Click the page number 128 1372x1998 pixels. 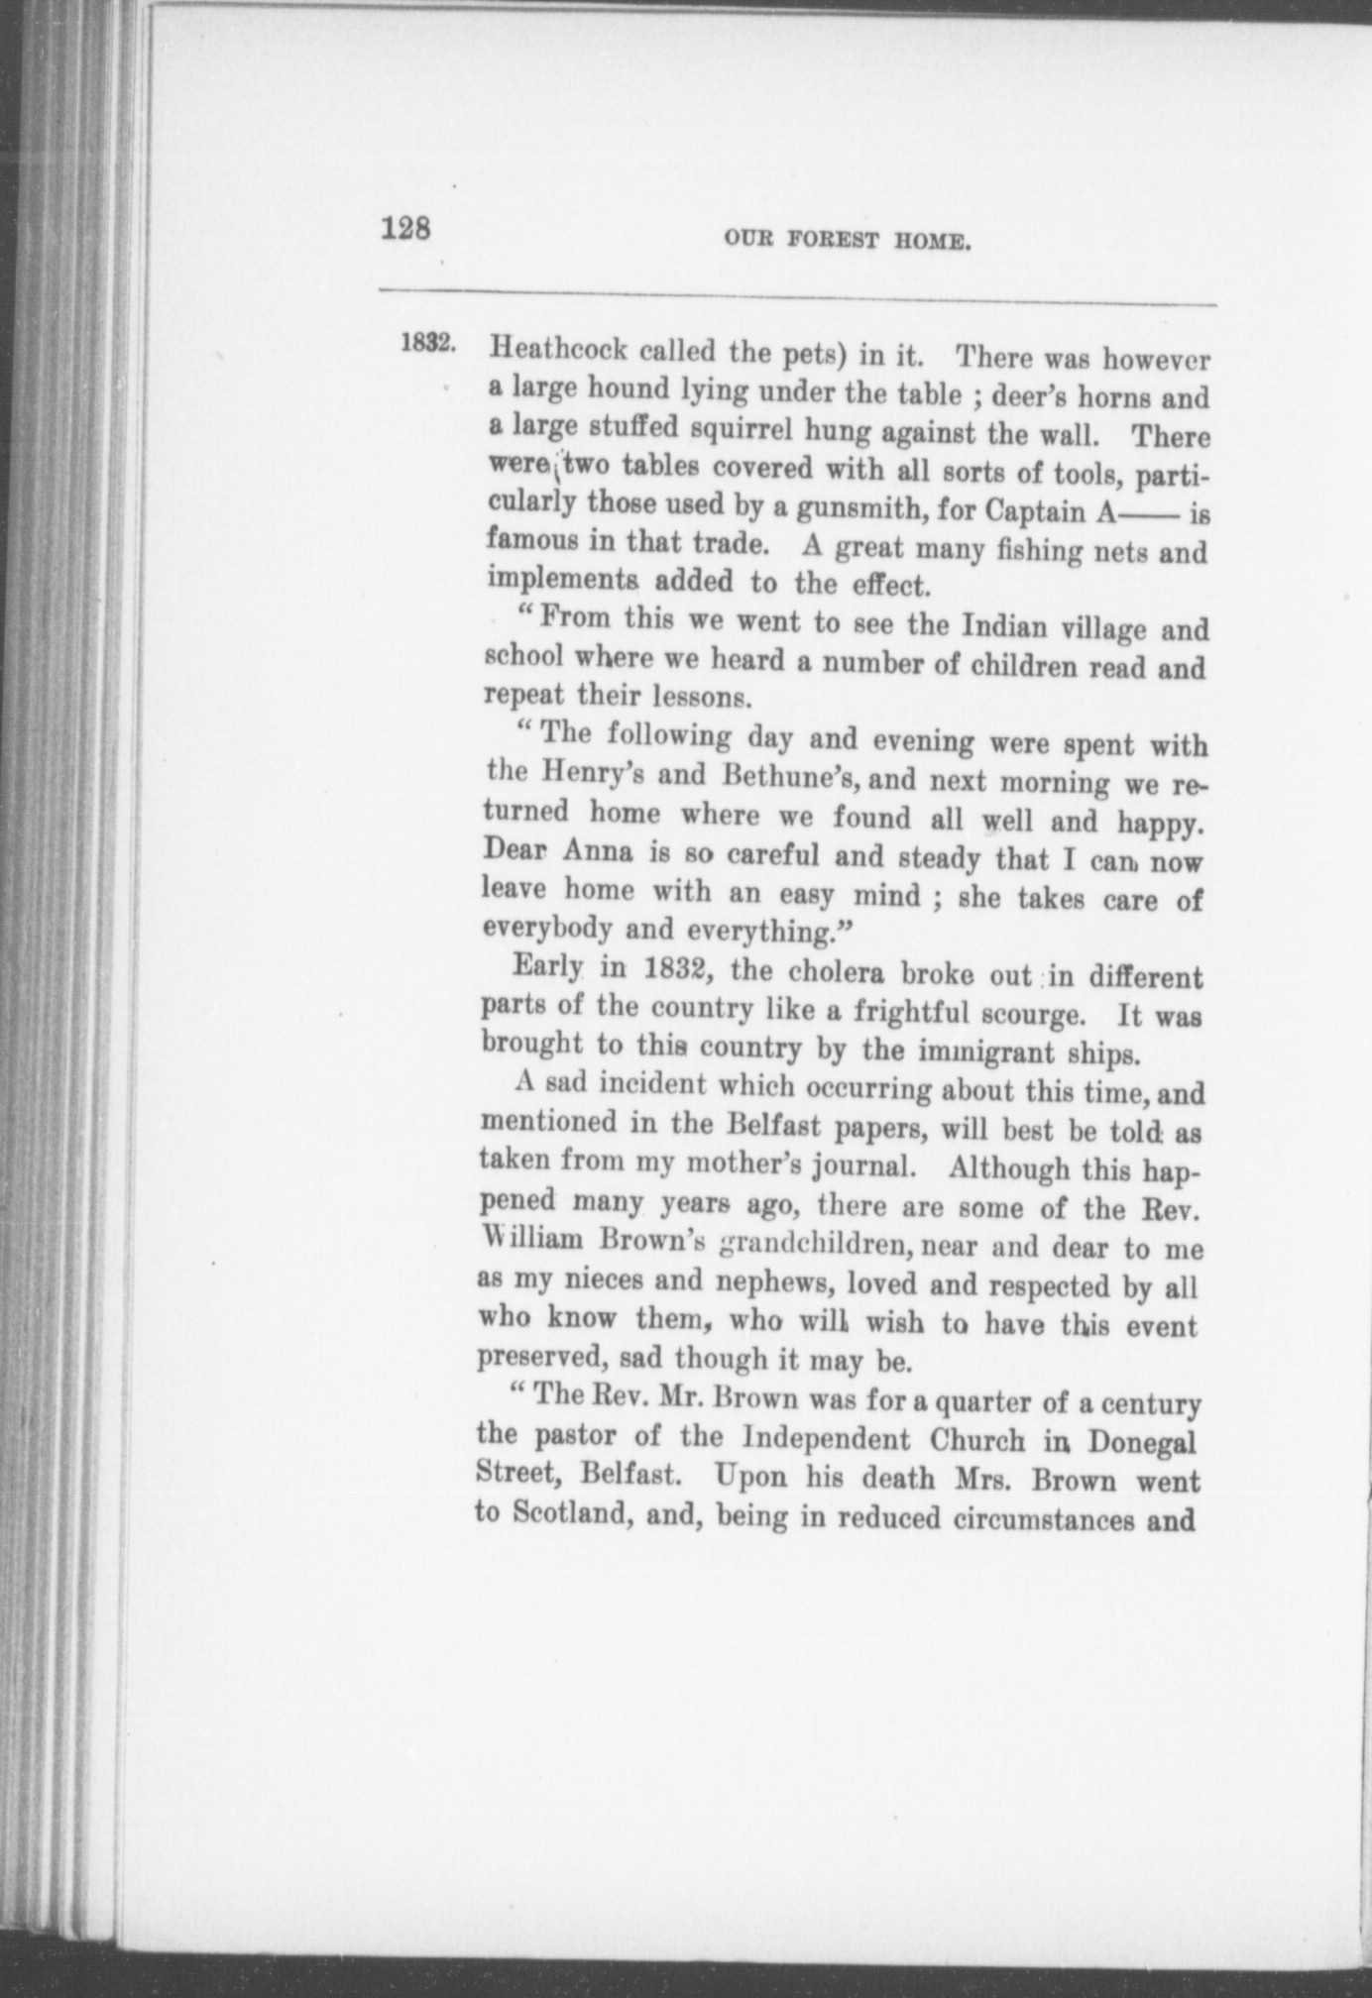[405, 229]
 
